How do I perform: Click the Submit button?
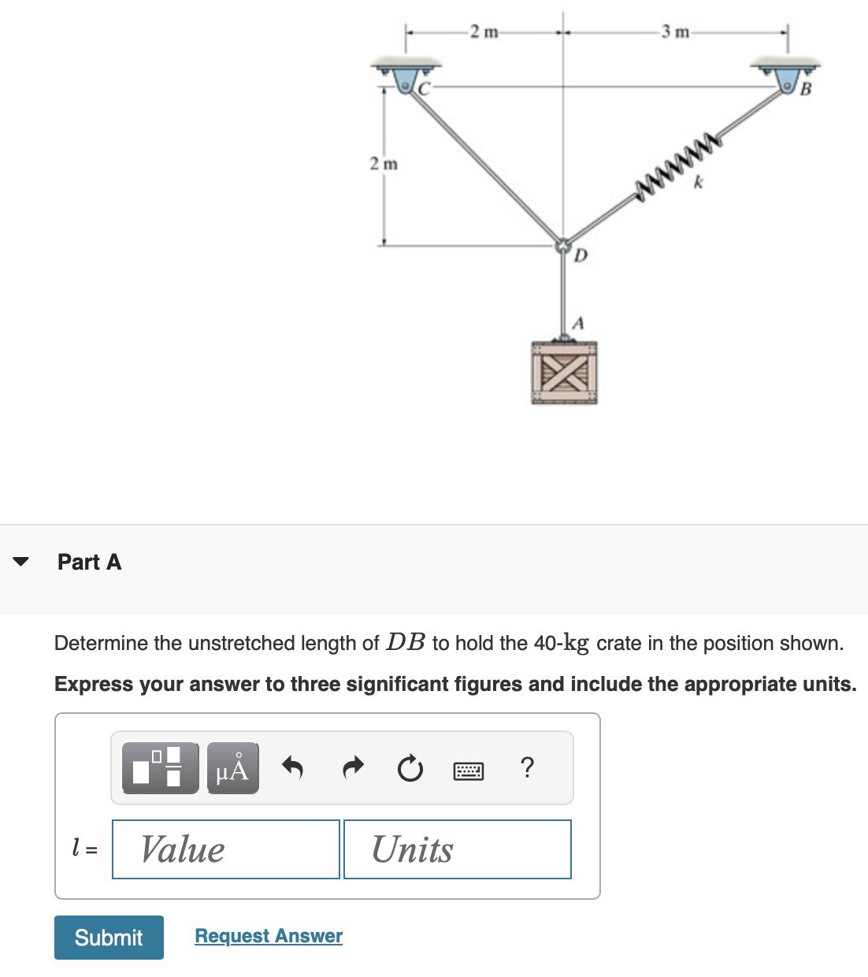[109, 937]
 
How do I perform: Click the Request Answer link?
[269, 935]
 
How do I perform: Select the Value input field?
[226, 849]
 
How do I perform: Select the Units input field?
[457, 849]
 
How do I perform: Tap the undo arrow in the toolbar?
[292, 767]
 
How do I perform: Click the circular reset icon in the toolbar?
[410, 768]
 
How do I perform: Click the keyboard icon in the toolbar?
[469, 770]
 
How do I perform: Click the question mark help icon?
[528, 767]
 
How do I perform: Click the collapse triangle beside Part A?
[21, 562]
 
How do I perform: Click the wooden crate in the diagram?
[564, 373]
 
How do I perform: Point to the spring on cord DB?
[678, 165]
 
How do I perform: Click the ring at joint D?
[563, 246]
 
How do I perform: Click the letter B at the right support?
[805, 89]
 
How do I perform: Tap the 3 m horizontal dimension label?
[675, 32]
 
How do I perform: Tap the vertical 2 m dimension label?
[384, 164]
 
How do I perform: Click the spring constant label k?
[698, 183]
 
